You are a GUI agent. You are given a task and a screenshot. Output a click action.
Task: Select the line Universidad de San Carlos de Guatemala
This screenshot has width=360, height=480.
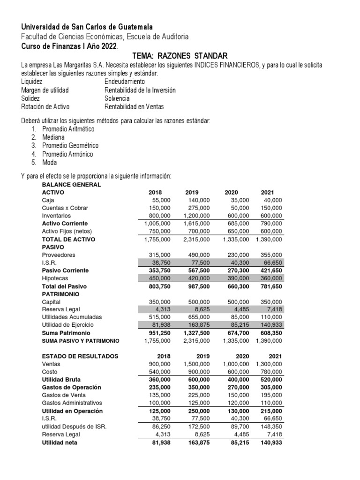click(x=87, y=27)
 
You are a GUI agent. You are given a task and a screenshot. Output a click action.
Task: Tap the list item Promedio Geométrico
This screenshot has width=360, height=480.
click(x=70, y=145)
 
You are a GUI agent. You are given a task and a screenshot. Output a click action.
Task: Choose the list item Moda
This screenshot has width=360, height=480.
click(x=49, y=162)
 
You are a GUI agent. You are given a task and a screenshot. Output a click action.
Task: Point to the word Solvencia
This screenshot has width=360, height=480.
click(x=117, y=98)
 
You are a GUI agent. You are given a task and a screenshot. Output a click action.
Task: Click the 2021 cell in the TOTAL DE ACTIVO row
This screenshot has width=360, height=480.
click(x=269, y=239)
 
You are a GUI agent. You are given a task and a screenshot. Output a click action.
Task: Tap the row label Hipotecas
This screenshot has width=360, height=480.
click(x=54, y=278)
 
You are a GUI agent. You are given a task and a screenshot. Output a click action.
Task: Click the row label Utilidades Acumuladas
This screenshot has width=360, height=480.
click(x=72, y=317)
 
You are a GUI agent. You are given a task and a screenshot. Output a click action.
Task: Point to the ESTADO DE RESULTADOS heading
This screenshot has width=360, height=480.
click(x=80, y=356)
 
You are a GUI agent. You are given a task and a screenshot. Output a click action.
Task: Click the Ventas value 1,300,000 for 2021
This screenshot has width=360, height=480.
click(x=269, y=364)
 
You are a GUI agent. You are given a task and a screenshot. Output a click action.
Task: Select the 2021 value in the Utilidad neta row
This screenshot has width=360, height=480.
click(x=271, y=442)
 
